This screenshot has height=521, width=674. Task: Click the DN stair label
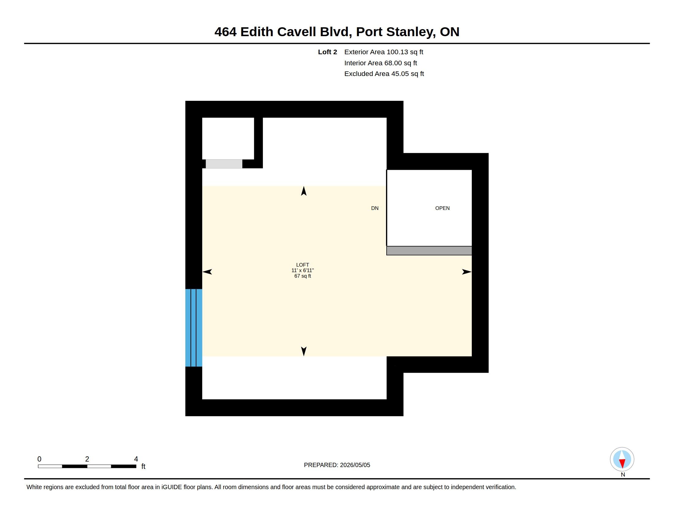coord(375,208)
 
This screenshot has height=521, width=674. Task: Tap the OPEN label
coord(442,208)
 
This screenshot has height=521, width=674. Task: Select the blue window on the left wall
coord(194,328)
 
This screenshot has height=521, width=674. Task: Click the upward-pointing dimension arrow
coord(304,191)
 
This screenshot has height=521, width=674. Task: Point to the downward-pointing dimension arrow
coord(304,351)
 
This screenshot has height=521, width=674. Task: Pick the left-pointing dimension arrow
coord(207,272)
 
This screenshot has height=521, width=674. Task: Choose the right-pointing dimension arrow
coord(467,272)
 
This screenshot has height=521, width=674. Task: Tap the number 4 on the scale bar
coord(136,459)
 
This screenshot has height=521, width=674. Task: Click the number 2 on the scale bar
coord(87,459)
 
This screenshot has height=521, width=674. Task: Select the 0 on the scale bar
coord(39,459)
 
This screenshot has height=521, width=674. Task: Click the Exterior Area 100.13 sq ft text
coord(384,52)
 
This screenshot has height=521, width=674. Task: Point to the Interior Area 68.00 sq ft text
coord(381,63)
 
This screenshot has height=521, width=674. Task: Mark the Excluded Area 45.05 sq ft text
coord(384,74)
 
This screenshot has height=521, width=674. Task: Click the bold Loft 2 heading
coord(328,52)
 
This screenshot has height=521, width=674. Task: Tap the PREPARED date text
coord(337,465)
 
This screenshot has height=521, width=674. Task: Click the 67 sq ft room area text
coord(303,276)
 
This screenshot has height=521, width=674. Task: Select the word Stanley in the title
coord(411,32)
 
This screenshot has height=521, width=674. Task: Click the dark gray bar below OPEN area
coord(429,251)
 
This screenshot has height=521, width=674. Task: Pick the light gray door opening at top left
coord(224,164)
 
